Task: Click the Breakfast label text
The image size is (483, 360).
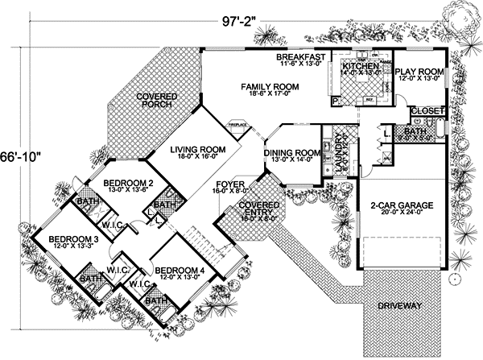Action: (300, 57)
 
